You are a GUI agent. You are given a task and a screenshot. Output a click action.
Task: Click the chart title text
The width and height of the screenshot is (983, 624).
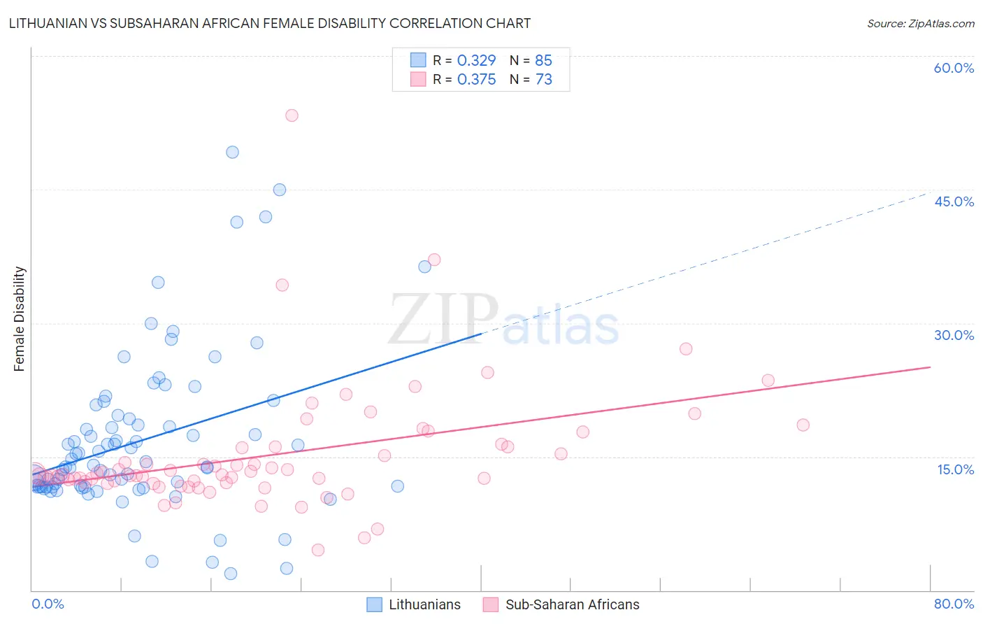pos(270,23)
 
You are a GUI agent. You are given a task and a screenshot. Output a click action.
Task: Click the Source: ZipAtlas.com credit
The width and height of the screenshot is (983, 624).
pos(920,23)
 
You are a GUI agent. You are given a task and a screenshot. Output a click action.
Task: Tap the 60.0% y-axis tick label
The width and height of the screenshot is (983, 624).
pos(954,68)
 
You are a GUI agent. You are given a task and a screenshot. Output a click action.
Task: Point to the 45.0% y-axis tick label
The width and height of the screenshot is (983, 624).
pos(954,201)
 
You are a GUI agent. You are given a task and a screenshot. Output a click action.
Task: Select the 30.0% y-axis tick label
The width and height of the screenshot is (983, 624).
pos(954,335)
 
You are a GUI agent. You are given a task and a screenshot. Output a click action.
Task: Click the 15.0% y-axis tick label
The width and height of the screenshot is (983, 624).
pos(955,469)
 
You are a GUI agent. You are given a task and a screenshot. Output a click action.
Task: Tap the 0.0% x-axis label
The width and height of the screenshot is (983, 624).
pos(48,604)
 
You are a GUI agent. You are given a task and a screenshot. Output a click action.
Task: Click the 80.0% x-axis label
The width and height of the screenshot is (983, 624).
pos(954,604)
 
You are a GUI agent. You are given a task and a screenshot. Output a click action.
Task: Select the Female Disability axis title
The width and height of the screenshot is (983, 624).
pos(20,319)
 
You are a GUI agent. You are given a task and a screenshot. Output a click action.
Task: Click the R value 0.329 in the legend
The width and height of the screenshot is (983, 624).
pos(476,61)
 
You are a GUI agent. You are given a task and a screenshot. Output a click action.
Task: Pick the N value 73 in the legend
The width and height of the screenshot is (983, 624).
pos(543,80)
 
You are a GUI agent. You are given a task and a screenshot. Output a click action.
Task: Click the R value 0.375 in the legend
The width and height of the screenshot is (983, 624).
pos(476,80)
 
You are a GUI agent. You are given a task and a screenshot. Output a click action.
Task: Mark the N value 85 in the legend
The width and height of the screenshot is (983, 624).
pos(543,61)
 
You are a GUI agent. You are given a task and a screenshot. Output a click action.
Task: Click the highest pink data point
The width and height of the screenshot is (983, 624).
pos(292,115)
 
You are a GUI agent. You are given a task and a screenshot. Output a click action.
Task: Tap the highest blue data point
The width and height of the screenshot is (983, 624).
pos(232,153)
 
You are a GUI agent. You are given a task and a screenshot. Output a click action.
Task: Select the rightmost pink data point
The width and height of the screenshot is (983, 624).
pos(803,425)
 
